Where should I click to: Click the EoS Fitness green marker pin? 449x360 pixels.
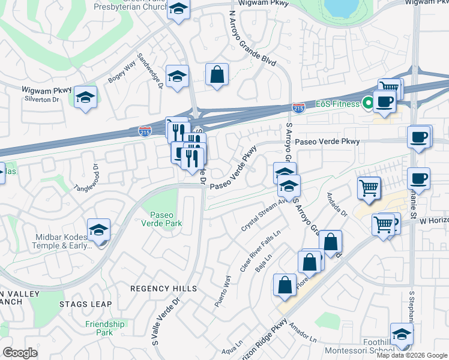pos(366,103)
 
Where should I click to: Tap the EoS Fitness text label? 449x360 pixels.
pos(337,103)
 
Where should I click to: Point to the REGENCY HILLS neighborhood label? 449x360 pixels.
pos(164,289)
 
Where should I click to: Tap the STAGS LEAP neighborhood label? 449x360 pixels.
pos(85,304)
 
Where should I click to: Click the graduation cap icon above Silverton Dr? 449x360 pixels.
pos(86,97)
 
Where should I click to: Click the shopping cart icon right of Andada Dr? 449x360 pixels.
pos(368,187)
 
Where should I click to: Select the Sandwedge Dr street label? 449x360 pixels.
pos(151,71)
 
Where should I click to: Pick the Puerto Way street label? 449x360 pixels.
pos(221,291)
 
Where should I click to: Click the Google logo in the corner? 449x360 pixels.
pos(20,353)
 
